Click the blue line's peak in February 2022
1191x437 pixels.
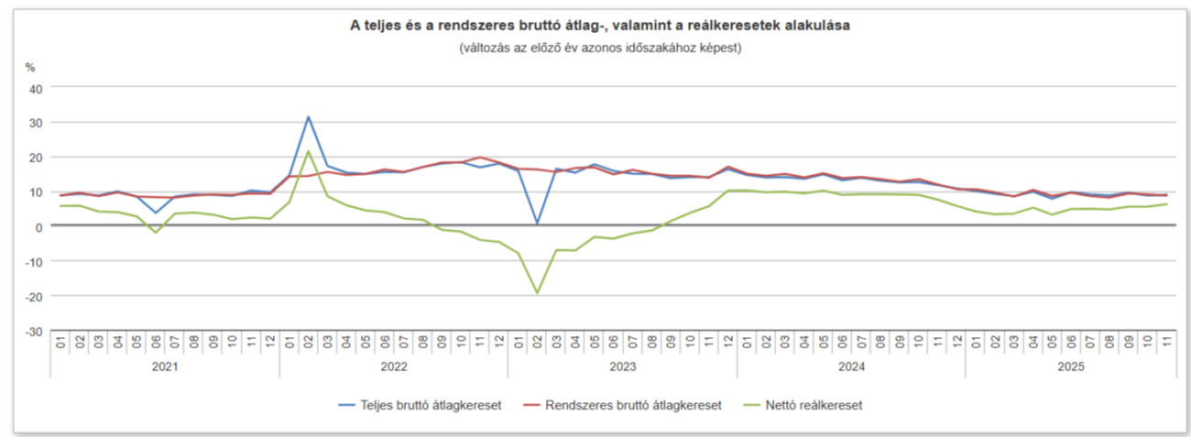coord(309,117)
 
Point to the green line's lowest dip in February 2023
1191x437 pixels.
coord(537,292)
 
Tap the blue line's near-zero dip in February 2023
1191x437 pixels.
coord(537,223)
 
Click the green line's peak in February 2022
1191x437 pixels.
coord(309,151)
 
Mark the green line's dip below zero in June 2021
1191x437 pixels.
coord(156,232)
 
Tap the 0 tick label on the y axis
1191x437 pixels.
coord(38,227)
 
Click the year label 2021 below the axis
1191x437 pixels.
coord(165,366)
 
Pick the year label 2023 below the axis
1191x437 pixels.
coord(622,366)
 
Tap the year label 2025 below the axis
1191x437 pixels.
coord(1070,366)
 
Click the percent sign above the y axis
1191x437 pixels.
coord(30,67)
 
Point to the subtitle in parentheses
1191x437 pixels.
coord(600,47)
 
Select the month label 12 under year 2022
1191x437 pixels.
coord(498,343)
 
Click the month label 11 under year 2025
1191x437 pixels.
coord(1165,343)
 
